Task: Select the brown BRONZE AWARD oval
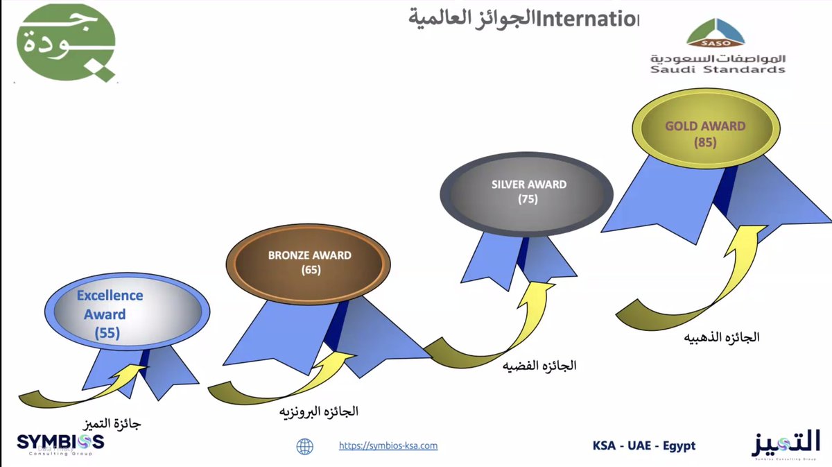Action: [x=309, y=262]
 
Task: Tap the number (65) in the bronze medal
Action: [x=311, y=271]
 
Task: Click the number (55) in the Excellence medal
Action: [x=107, y=333]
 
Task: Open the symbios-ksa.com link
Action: [x=388, y=446]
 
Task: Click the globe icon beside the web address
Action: [x=304, y=446]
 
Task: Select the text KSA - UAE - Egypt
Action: [x=644, y=445]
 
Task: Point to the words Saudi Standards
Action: [x=718, y=69]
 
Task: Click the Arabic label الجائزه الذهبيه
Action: [x=722, y=338]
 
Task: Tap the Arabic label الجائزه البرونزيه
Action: [x=318, y=411]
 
